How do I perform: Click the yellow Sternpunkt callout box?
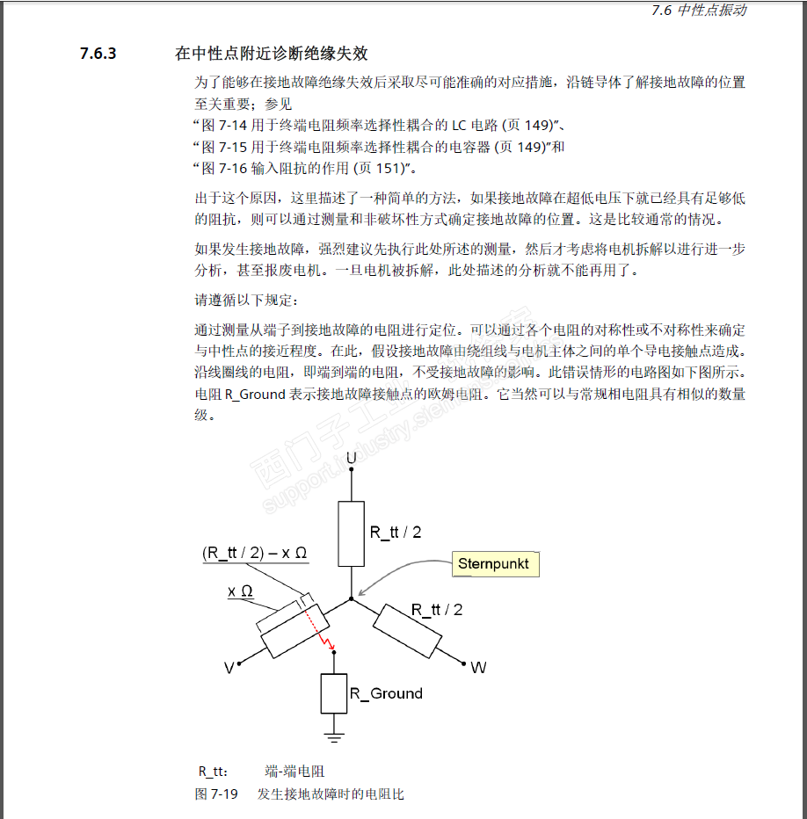coord(495,563)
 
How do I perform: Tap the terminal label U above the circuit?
coord(351,459)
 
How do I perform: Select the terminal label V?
coord(229,668)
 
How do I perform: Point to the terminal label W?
coord(478,668)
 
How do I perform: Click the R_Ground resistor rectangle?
coord(333,693)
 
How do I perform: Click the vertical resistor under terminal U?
coord(351,533)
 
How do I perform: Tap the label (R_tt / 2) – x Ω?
coord(254,554)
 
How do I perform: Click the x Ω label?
coord(240,591)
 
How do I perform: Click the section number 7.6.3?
coord(98,54)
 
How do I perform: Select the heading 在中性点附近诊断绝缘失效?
coord(271,54)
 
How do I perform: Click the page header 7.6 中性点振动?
coord(699,11)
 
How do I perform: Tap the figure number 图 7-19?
coord(215,794)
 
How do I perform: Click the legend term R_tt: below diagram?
coord(213,772)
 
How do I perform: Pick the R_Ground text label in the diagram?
coord(386,693)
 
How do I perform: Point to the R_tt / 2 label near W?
coord(437,609)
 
